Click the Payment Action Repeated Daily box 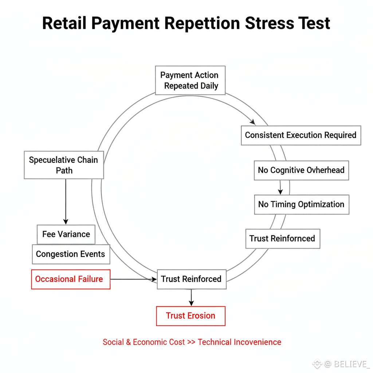click(x=190, y=81)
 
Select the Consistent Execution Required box click(x=301, y=135)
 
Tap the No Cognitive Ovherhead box click(x=301, y=170)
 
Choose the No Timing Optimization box click(x=301, y=204)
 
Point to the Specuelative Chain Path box click(x=64, y=165)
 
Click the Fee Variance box click(x=66, y=234)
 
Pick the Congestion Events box click(x=70, y=254)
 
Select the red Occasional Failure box click(x=71, y=279)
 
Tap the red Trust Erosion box click(x=191, y=316)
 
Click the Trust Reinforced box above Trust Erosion click(x=191, y=279)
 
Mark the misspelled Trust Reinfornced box click(x=282, y=239)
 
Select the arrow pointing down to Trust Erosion click(x=191, y=298)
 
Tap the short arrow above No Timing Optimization click(x=280, y=187)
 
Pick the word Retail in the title click(x=64, y=23)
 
